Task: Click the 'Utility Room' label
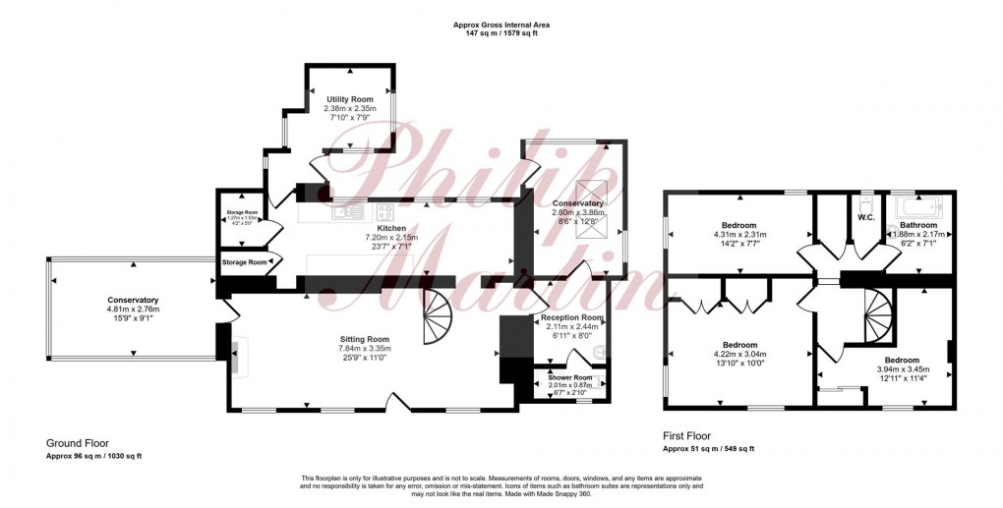coord(350,99)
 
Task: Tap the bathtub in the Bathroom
coord(917,208)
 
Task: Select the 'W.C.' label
coord(866,218)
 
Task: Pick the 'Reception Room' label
coord(571,318)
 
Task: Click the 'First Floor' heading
coord(686,435)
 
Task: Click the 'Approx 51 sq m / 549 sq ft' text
coord(708,448)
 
